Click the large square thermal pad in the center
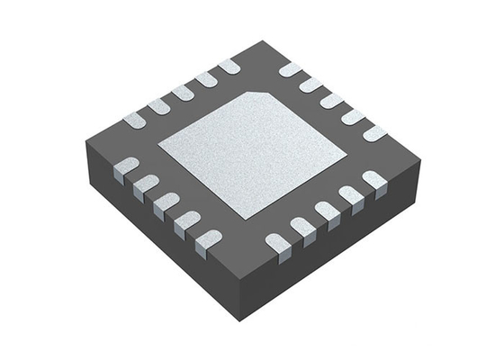pyautogui.click(x=252, y=153)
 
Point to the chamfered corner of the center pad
pyautogui.click(x=267, y=94)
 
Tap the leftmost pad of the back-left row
pyautogui.click(x=134, y=119)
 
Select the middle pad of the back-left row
pyautogui.click(x=183, y=92)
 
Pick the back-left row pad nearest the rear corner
pyautogui.click(x=229, y=66)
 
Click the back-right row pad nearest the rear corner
pyautogui.click(x=290, y=69)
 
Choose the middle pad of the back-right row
pyautogui.click(x=332, y=100)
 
